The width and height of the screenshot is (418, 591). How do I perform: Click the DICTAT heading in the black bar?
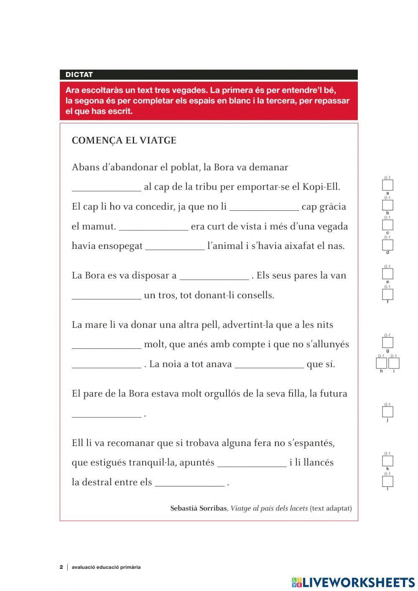pos(79,75)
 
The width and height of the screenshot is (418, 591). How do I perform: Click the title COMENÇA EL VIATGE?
pos(124,141)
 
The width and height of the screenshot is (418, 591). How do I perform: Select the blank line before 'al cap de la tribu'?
pos(107,187)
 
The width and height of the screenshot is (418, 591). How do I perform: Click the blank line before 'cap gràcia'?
pos(264,207)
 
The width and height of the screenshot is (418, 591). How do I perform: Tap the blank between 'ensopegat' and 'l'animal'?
pos(175,246)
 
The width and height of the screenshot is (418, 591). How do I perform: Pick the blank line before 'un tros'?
pos(107,295)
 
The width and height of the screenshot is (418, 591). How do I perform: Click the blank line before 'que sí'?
pos(269,364)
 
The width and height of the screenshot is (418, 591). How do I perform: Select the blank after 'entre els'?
pos(189,482)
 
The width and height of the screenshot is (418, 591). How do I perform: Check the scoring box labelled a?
pos(387,185)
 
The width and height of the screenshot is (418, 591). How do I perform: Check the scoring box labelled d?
pos(387,245)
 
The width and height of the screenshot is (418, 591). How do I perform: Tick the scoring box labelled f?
pos(387,294)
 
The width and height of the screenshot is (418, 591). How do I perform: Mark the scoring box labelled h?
pos(381,363)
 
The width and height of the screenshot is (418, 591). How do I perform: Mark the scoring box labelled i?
pos(394,363)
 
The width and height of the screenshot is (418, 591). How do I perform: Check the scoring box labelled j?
pos(387,412)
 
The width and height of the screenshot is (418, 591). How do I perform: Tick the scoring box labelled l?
pos(387,481)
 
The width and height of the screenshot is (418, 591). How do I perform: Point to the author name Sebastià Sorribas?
pos(198,509)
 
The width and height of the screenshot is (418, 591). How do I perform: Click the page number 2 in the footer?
pos(61,567)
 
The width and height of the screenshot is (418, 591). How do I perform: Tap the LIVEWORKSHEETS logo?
pos(353,582)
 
